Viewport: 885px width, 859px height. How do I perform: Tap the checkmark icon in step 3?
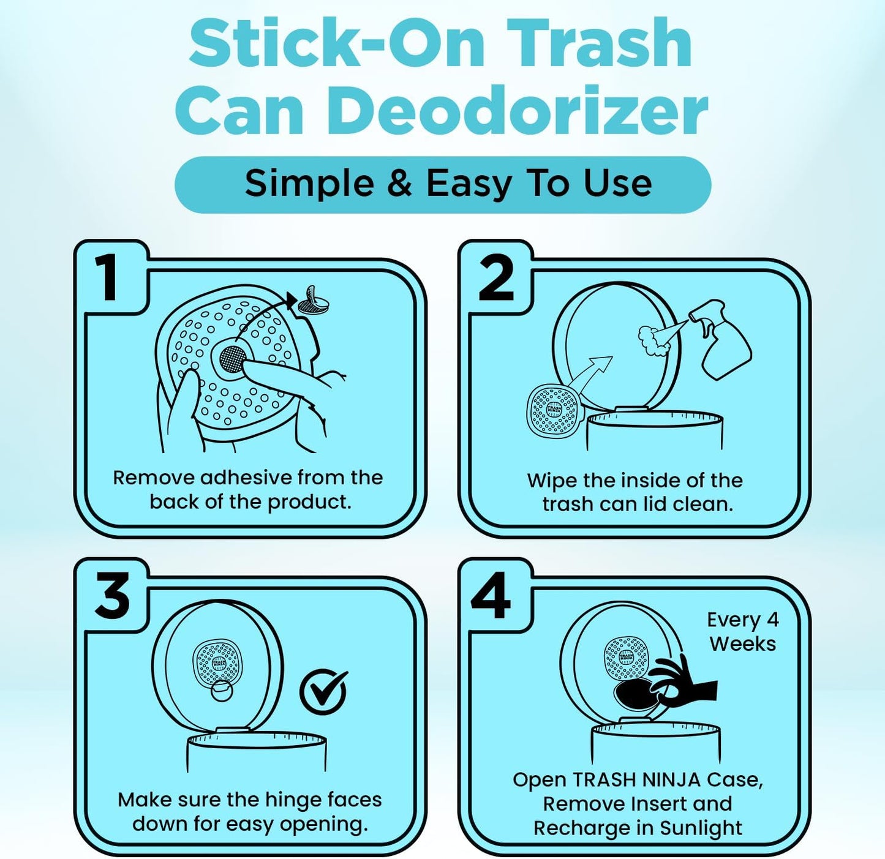pos(323,692)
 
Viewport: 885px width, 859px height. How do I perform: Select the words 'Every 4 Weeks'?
pos(742,632)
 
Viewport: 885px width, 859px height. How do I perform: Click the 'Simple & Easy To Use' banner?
pos(443,184)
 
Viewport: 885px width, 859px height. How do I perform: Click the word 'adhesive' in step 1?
pos(246,478)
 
